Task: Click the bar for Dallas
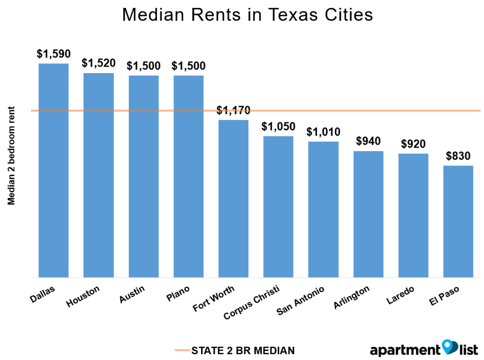pos(54,170)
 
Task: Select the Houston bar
pos(99,175)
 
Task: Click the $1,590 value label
pos(54,54)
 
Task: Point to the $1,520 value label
pos(99,63)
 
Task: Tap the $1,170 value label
pos(234,110)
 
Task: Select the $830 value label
pos(458,156)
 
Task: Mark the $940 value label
pos(368,141)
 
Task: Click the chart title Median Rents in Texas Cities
pos(247,15)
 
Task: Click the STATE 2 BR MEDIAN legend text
pos(243,351)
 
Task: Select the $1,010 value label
pos(323,132)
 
